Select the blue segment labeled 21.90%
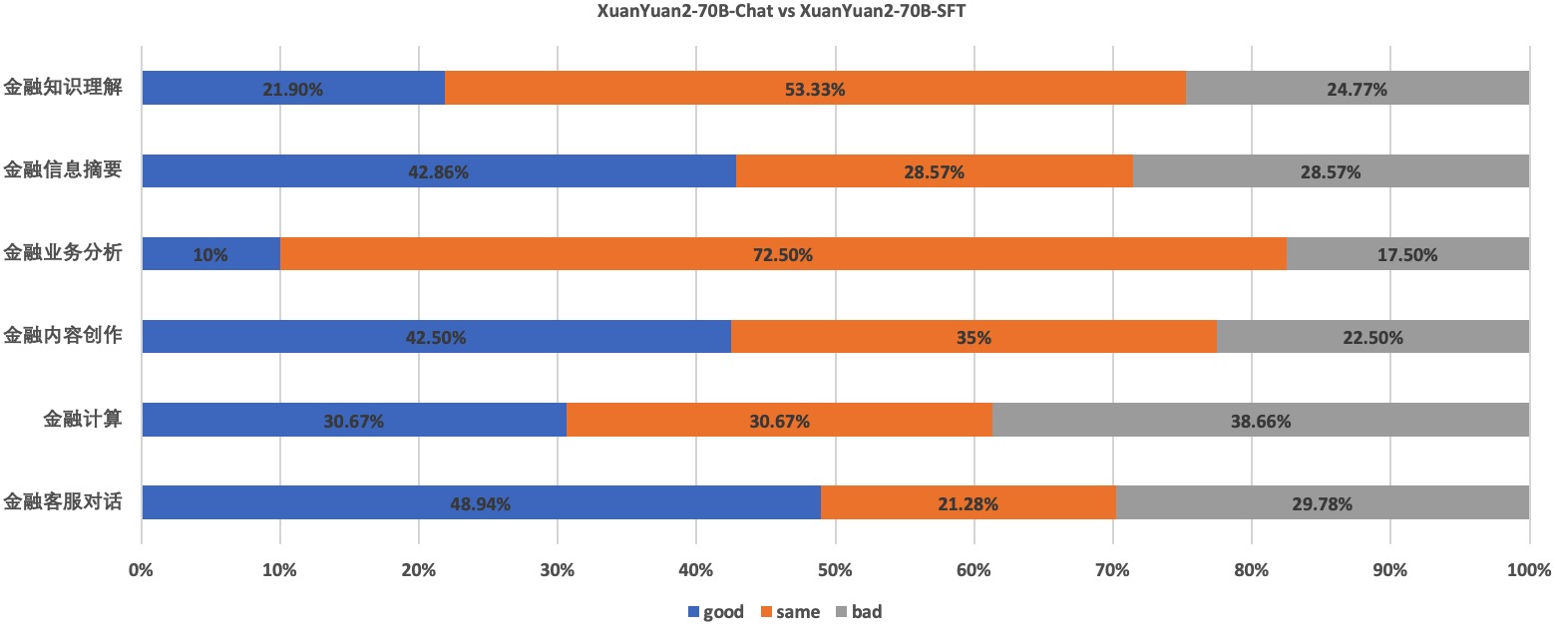pos(293,89)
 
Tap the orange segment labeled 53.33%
pos(815,89)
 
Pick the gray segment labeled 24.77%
pos(1358,89)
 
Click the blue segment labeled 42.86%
pos(439,171)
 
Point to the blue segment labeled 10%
pos(210,254)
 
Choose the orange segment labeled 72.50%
pos(783,254)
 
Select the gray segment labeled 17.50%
pos(1407,254)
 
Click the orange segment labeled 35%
pos(973,337)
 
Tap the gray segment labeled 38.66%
pos(1261,421)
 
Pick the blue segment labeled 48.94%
pos(481,503)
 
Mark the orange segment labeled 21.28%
pos(969,503)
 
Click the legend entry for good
pos(715,612)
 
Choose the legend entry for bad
pos(859,612)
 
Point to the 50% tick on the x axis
pos(835,571)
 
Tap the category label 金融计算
pos(83,420)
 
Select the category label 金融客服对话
pos(63,502)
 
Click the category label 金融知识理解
pos(63,88)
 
